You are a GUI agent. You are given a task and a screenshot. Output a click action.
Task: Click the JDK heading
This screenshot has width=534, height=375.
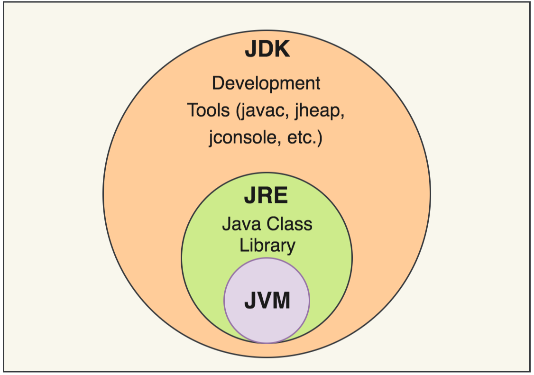pos(267,49)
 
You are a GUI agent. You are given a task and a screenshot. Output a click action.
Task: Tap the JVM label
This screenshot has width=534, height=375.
pos(267,301)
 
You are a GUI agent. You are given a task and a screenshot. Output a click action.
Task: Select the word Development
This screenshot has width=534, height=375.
pos(266,83)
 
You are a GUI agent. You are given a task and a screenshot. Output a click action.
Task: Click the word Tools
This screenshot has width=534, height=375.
pos(207,110)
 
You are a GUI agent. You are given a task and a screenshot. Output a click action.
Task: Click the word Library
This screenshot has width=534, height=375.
pos(267,246)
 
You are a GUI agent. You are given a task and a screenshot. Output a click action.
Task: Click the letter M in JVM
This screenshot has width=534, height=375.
pos(281,301)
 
